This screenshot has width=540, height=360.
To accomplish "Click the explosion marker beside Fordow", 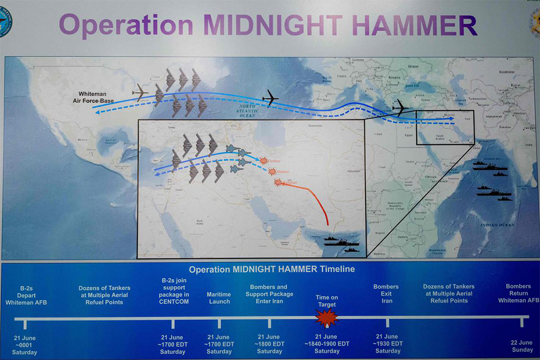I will tap(264, 161).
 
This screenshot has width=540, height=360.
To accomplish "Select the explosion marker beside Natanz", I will tap(272, 171).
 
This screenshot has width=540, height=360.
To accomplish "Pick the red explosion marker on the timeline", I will tap(327, 317).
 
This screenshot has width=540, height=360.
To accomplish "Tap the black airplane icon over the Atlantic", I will tap(269, 98).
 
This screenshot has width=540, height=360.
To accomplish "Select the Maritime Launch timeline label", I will tap(219, 298).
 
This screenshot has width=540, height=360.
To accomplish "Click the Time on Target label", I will tap(327, 301).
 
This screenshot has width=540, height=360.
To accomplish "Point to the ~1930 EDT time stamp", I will tap(388, 344).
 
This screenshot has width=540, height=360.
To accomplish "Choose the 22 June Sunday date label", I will tap(522, 346).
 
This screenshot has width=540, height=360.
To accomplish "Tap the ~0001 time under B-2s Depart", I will tap(25, 345).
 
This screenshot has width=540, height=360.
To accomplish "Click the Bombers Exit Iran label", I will tap(386, 293).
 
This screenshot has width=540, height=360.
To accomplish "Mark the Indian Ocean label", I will tap(497, 225).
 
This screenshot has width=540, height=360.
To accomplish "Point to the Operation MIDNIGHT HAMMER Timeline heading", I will tap(272, 269).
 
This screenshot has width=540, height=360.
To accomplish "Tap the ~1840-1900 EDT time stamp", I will tap(327, 344).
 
